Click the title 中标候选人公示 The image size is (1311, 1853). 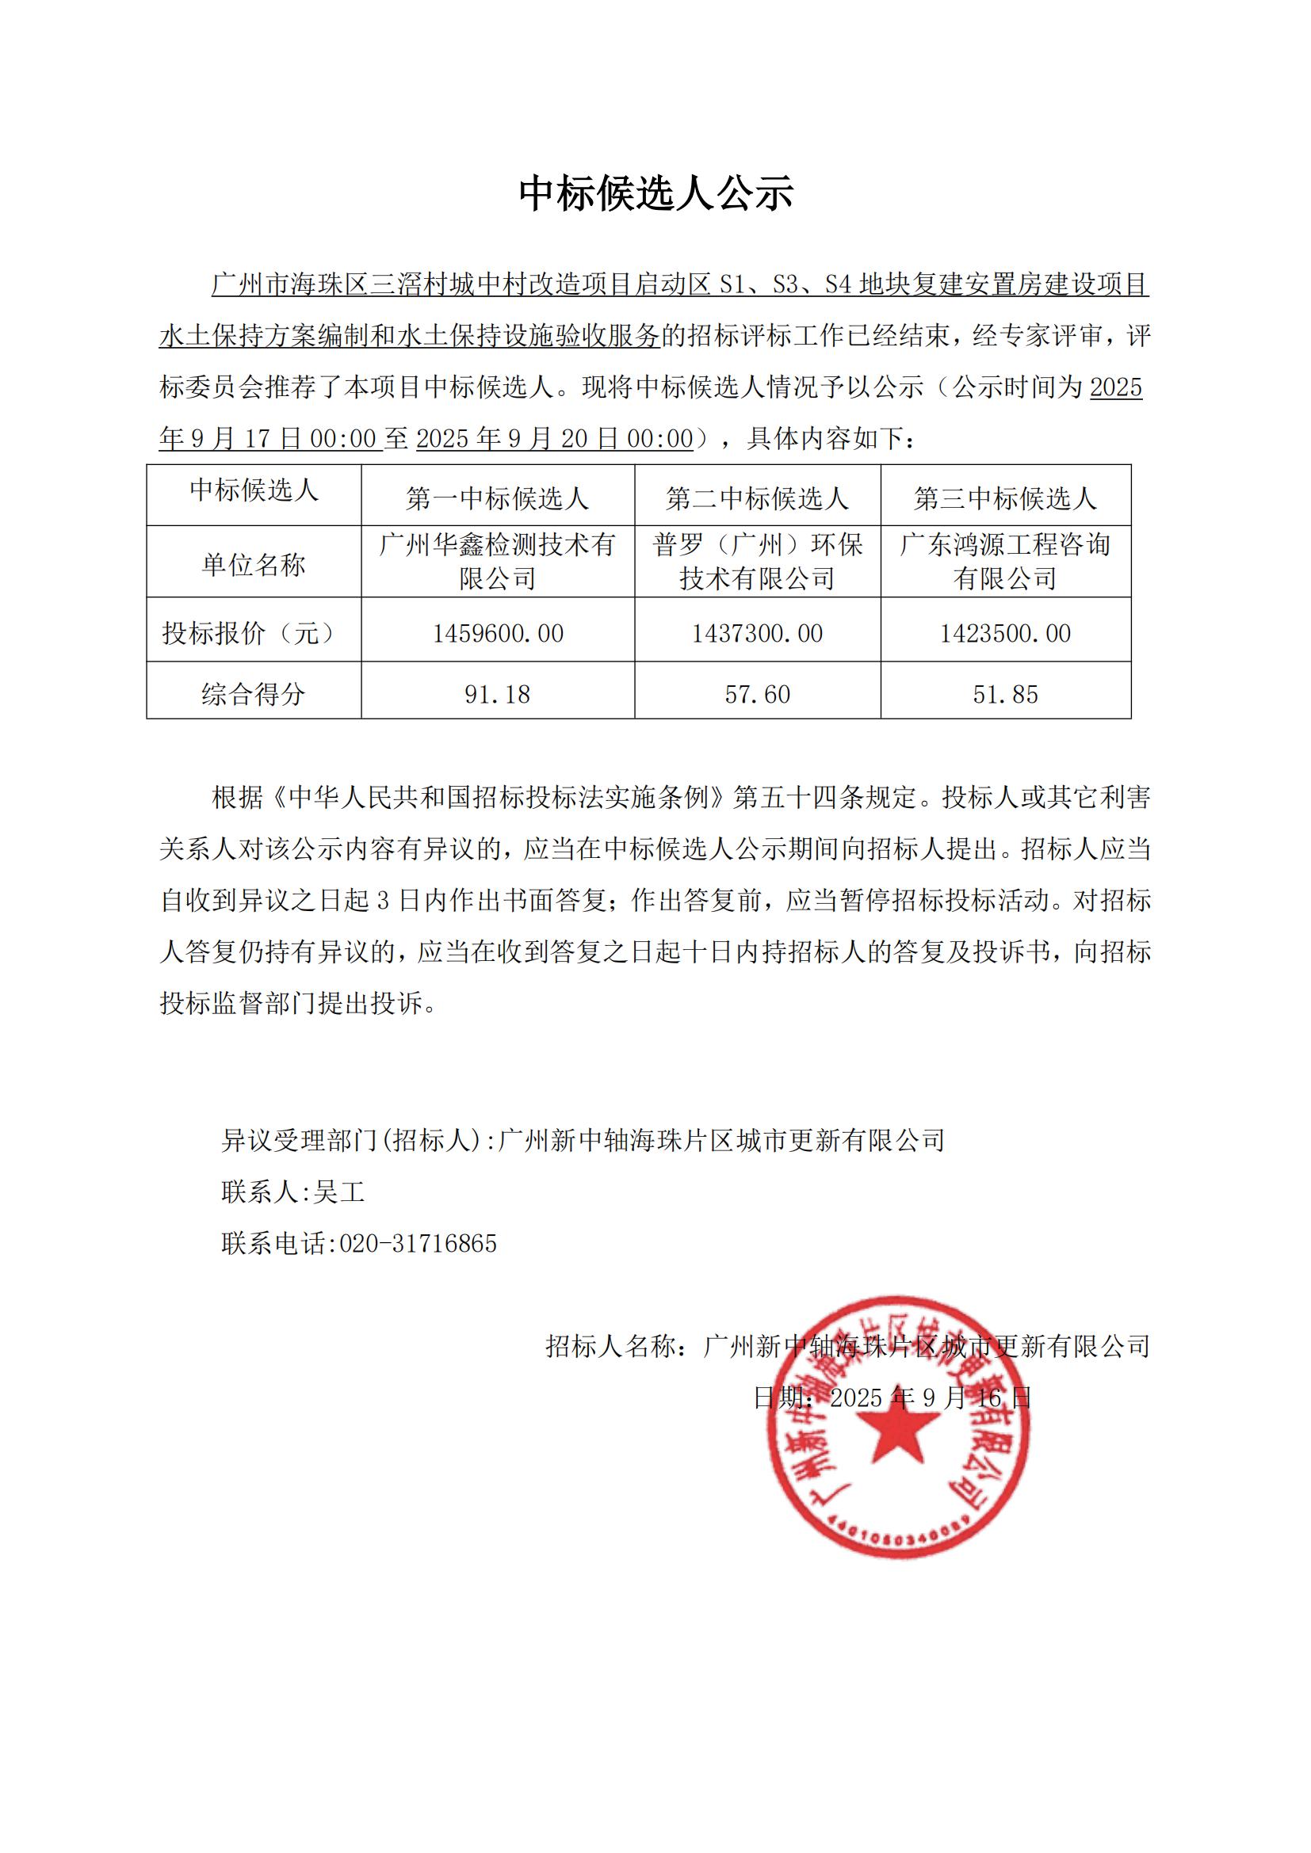[x=655, y=193]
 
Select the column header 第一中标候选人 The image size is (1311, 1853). [x=497, y=499]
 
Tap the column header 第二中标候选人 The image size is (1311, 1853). [x=757, y=499]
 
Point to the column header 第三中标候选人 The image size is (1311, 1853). [x=1005, y=499]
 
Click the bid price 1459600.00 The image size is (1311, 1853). [x=497, y=634]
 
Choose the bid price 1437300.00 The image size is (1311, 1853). [x=757, y=634]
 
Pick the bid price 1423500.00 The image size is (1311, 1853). [x=1005, y=634]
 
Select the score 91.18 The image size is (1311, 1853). [x=497, y=694]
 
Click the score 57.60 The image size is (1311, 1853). [x=757, y=694]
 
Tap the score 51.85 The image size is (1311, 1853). [x=1005, y=694]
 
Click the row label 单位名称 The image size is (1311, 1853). [x=254, y=565]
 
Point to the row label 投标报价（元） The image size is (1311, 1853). [x=254, y=634]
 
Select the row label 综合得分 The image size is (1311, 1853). [x=254, y=694]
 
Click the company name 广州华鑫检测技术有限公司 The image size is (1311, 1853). [x=497, y=562]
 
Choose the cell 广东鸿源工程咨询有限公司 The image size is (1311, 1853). [x=1005, y=562]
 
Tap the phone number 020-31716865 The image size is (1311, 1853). [x=418, y=1243]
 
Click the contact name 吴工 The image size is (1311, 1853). [x=339, y=1191]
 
